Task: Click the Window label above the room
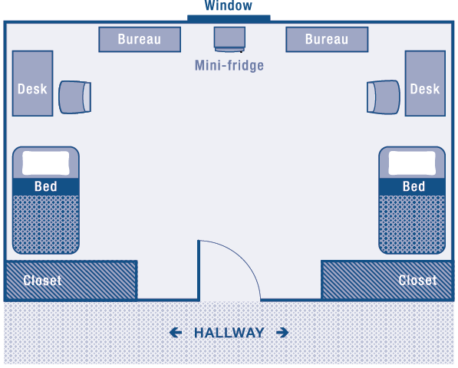(x=228, y=5)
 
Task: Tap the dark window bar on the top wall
(x=229, y=18)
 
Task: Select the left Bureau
(x=140, y=39)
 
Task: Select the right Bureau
(x=327, y=39)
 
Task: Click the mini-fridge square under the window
(x=229, y=39)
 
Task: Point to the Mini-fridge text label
(x=229, y=65)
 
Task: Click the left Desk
(x=32, y=84)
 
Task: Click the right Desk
(x=425, y=84)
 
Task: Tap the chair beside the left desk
(x=74, y=97)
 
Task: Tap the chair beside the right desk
(x=384, y=97)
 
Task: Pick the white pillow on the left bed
(x=46, y=163)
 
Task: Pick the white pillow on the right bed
(x=412, y=163)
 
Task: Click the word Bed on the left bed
(x=46, y=186)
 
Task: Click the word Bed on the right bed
(x=414, y=186)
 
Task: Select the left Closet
(x=71, y=281)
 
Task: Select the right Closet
(x=387, y=281)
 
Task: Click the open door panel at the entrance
(x=199, y=271)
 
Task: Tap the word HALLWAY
(x=229, y=333)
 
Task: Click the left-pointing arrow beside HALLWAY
(x=176, y=333)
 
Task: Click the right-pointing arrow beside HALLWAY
(x=282, y=333)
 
